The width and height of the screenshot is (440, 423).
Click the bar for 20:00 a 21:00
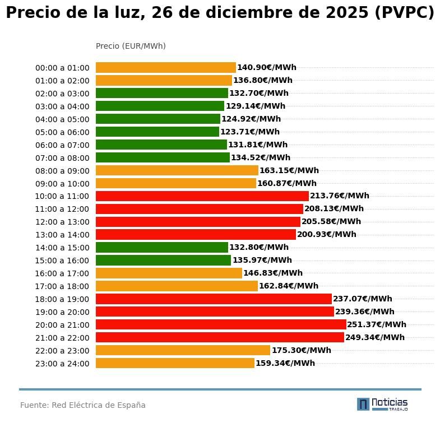pos(221,324)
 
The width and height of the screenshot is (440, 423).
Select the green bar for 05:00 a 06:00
pos(158,132)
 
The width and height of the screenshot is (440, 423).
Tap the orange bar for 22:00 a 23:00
pos(183,350)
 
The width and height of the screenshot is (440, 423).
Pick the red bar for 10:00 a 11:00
pos(202,196)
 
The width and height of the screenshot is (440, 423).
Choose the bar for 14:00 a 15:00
pos(162,248)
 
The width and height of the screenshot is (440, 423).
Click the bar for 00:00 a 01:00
pos(166,67)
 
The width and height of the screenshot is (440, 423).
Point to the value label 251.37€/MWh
pos(377,324)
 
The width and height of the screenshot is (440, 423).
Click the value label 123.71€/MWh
pos(249,132)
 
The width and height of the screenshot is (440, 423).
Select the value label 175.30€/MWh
pos(301,350)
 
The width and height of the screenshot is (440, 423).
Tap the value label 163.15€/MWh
pos(289,170)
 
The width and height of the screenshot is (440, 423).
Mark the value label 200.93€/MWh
pos(326,234)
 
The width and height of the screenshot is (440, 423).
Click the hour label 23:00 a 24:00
pos(62,364)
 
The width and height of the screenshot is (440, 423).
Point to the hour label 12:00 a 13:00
pos(62,222)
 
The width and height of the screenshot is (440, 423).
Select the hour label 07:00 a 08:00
pos(62,158)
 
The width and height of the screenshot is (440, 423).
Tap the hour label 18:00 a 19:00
pos(62,299)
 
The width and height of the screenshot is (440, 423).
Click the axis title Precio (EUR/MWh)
pos(131,46)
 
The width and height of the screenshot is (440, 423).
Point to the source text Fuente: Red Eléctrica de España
pos(83,405)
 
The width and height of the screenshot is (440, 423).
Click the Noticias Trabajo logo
pos(382,404)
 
